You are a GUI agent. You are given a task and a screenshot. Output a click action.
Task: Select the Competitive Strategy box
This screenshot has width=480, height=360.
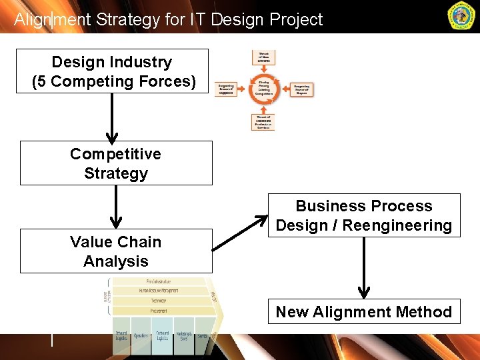coord(116,163)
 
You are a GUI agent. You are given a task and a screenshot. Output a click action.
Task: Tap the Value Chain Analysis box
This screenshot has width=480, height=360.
coord(116,251)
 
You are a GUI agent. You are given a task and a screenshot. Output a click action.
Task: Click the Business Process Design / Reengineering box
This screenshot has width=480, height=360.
coord(364,215)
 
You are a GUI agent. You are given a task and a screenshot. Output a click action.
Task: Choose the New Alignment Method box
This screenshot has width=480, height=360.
coord(364,312)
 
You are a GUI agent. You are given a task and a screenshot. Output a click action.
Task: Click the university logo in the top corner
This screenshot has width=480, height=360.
coord(461,16)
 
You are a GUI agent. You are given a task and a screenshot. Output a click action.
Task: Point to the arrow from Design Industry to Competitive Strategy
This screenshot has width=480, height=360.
coord(113,117)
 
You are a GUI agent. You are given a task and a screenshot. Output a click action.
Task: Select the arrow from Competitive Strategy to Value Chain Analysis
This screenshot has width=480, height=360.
coord(116,207)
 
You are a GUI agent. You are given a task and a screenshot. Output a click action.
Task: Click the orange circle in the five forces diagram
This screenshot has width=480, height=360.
coord(264,89)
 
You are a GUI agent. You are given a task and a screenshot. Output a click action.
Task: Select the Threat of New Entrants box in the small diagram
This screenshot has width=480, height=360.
coord(264,58)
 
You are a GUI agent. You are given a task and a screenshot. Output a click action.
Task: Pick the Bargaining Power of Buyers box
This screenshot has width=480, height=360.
coord(303,89)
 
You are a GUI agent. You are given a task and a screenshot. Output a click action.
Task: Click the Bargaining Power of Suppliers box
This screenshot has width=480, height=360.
coord(225,89)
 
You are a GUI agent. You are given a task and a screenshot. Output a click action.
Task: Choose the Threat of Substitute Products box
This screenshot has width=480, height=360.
coord(263,121)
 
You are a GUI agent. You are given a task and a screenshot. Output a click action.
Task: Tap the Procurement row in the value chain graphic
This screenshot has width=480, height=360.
coord(158,311)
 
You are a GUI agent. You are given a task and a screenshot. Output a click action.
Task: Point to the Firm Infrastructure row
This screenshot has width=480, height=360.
coord(158,281)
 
